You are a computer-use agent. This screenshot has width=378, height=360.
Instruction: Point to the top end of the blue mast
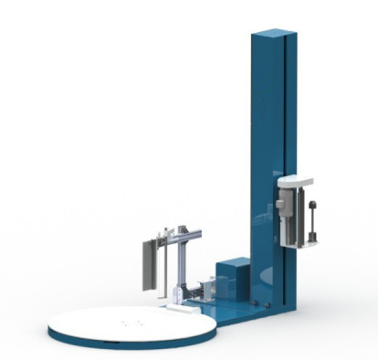[275, 35]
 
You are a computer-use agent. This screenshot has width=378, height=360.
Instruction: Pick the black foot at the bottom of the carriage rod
[313, 239]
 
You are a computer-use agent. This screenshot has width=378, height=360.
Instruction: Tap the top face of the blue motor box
[234, 263]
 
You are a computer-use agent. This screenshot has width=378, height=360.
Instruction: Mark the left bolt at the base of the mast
[257, 302]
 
